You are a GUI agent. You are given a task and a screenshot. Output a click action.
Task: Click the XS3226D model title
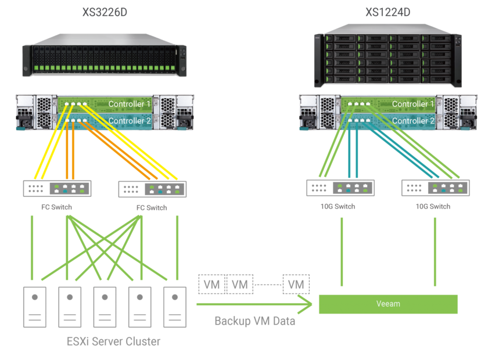[x=105, y=12]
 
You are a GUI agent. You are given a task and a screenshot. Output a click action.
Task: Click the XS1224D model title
[x=387, y=12]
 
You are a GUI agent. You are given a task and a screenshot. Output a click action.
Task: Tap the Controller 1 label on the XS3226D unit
[x=130, y=104]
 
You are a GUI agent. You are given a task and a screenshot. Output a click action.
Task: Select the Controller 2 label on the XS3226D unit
[x=130, y=121]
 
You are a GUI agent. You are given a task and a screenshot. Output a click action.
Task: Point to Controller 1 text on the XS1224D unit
[x=413, y=104]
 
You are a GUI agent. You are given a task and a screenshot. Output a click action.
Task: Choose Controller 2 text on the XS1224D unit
[x=413, y=121]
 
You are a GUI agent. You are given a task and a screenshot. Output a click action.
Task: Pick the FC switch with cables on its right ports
[x=152, y=188]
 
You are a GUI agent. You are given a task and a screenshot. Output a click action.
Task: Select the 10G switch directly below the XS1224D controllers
[x=340, y=188]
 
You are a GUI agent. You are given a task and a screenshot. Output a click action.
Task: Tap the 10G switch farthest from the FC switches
[x=435, y=188]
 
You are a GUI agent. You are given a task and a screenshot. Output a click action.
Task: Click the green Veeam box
[x=388, y=304]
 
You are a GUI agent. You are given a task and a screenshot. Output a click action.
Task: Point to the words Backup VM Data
[x=255, y=321]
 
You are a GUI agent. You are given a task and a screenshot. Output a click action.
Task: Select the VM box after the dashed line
[x=296, y=285]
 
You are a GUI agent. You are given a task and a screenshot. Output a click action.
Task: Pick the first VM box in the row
[x=211, y=285]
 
